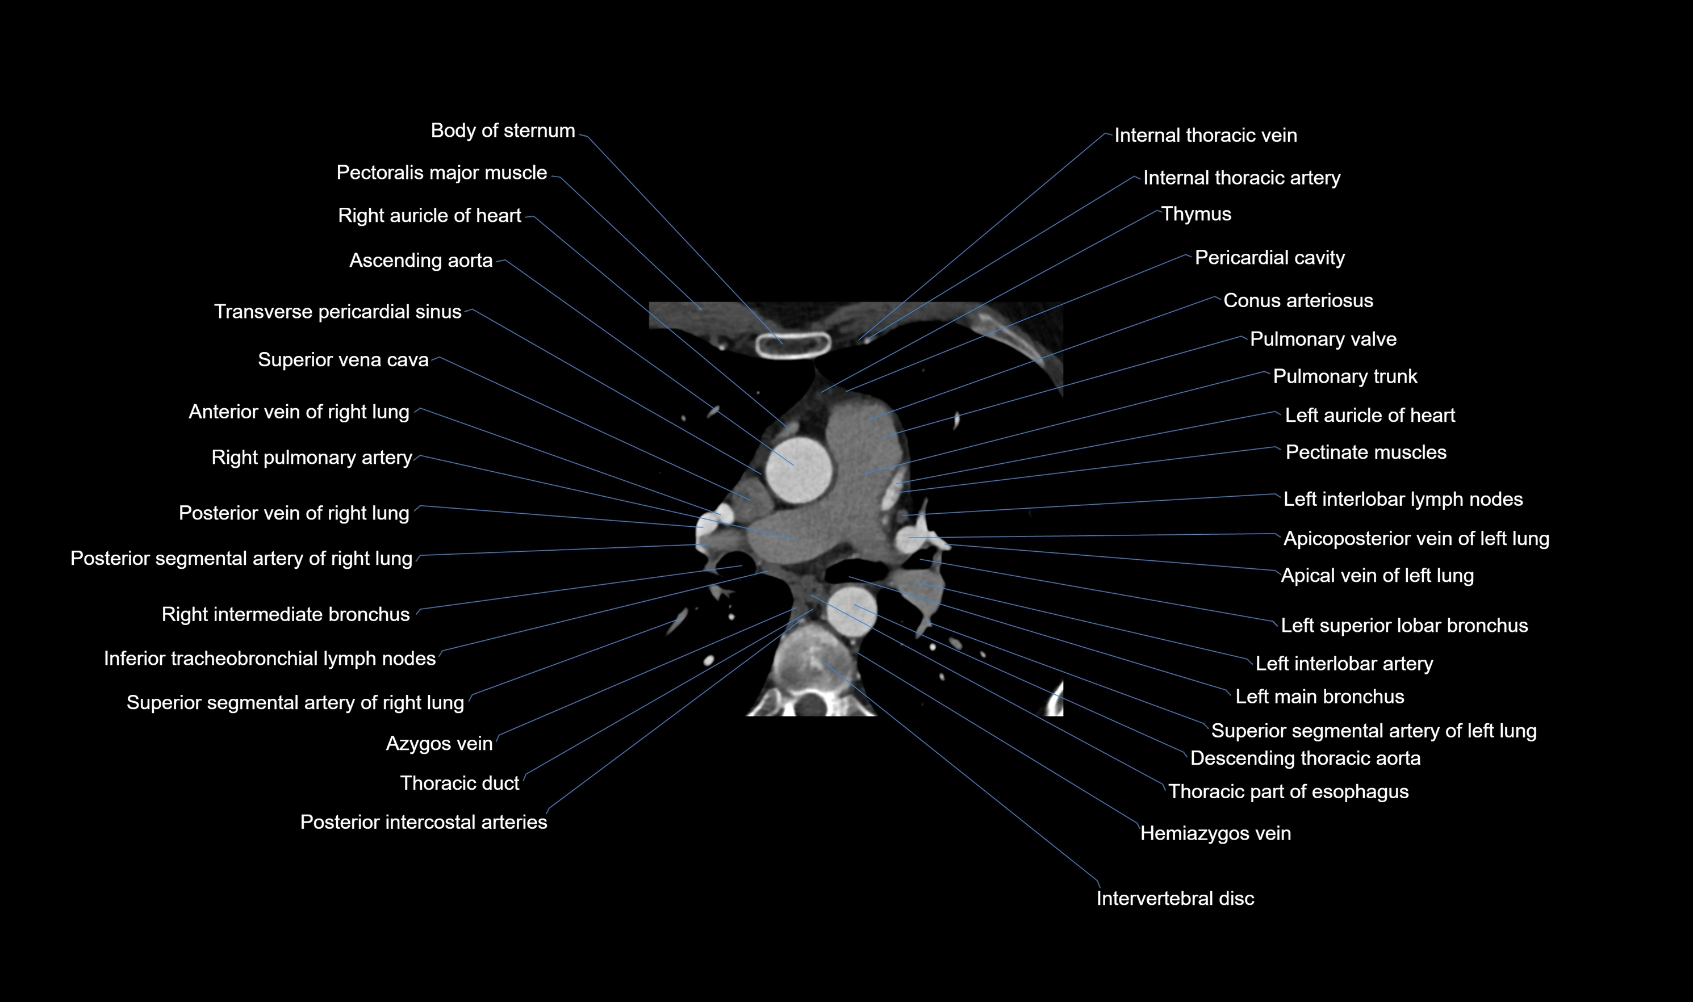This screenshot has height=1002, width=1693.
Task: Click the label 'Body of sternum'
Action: pos(503,131)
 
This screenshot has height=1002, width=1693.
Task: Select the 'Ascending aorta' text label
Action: pos(421,261)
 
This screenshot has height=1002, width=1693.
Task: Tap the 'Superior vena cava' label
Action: pos(343,360)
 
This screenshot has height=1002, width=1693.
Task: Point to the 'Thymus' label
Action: pos(1196,215)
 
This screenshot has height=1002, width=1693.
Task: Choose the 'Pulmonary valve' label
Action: pos(1323,339)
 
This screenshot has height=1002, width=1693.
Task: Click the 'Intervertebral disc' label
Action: pos(1175,898)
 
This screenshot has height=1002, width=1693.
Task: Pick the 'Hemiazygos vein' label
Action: pos(1215,833)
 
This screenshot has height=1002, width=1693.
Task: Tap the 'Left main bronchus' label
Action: pos(1319,696)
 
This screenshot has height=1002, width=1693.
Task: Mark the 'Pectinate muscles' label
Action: pos(1365,452)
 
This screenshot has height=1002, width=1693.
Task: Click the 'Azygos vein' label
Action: pos(439,743)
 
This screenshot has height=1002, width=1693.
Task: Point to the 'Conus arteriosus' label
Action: pos(1298,300)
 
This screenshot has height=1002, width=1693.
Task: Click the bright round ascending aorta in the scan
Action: pos(798,470)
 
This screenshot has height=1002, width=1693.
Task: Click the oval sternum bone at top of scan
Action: pos(793,345)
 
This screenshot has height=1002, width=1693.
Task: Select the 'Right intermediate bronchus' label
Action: pos(286,614)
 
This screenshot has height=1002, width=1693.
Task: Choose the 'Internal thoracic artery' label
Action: pos(1241,178)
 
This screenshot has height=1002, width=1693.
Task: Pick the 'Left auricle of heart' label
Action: pos(1369,414)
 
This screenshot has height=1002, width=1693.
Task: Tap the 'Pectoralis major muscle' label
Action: pos(442,173)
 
